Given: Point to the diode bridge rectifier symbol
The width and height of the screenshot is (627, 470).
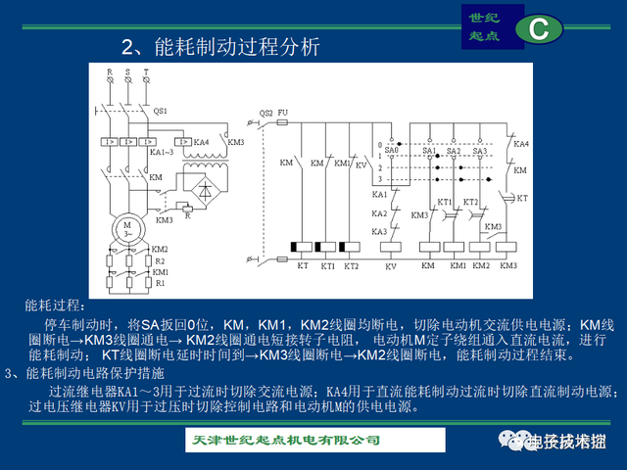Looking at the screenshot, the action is coord(203,191).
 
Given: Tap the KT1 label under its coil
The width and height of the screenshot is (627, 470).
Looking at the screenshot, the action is coord(327,265).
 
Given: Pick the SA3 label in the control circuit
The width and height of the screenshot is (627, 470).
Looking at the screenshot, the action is coord(479,151).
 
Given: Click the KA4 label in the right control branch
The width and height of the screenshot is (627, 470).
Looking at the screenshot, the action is coord(521,144).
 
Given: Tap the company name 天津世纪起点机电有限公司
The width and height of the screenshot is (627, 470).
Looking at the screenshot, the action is coord(284,439).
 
